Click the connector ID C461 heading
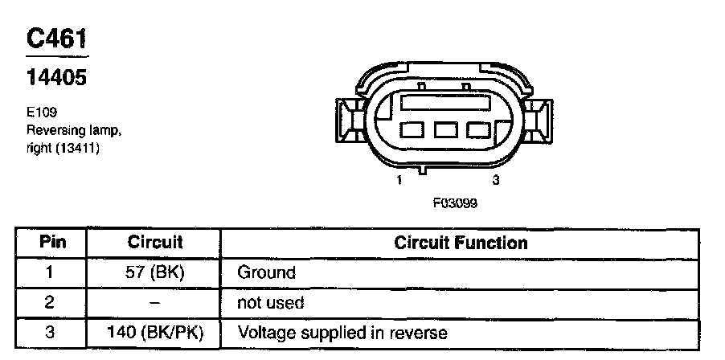click(57, 40)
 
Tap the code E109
click(41, 112)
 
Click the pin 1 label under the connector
click(399, 181)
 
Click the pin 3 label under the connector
click(496, 181)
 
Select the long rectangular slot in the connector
click(446, 102)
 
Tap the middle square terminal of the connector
click(446, 129)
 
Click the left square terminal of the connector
click(413, 129)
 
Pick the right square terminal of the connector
click(479, 129)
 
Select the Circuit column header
click(155, 242)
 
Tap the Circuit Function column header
click(461, 242)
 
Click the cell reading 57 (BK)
click(155, 272)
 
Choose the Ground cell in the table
click(266, 272)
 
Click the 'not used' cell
click(270, 303)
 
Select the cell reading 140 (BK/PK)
click(155, 333)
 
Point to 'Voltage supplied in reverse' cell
click(342, 333)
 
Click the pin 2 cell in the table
click(50, 303)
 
